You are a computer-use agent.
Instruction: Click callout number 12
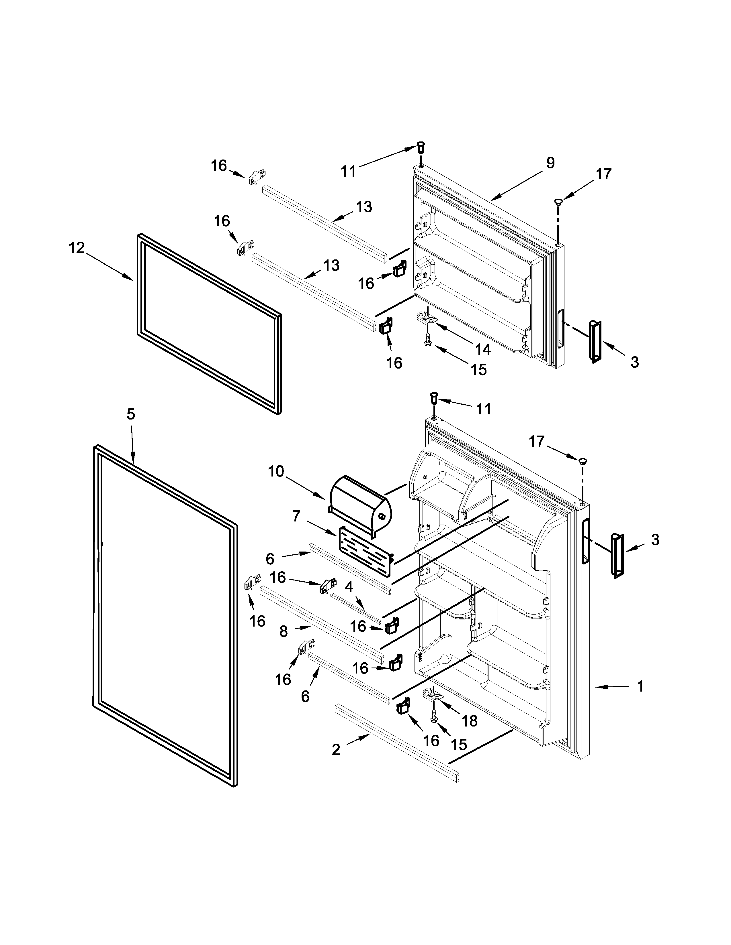click(77, 248)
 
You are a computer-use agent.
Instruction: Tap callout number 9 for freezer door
click(550, 163)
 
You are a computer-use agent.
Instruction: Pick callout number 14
click(483, 349)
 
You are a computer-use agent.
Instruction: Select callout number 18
click(470, 720)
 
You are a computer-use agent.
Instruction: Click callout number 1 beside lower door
click(640, 686)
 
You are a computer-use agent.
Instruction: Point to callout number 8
click(283, 632)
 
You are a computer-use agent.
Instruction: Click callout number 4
click(349, 587)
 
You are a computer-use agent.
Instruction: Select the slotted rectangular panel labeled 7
click(366, 552)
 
